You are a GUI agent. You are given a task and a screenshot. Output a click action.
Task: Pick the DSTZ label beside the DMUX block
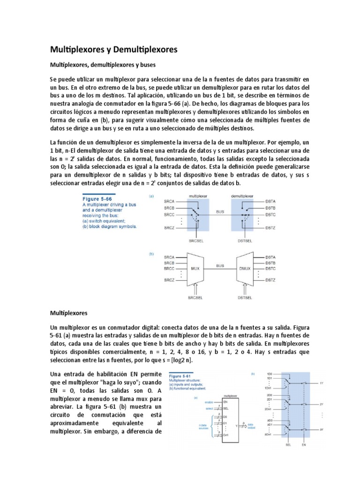click(271, 280)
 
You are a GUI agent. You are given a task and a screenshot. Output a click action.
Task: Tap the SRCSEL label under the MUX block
click(196, 298)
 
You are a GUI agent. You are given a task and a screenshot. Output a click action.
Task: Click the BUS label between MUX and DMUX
click(220, 212)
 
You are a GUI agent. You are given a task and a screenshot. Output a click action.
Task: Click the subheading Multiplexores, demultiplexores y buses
click(102, 65)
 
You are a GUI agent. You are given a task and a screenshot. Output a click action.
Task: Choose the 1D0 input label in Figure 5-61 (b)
click(268, 374)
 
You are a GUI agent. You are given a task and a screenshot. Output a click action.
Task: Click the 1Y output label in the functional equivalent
click(322, 383)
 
